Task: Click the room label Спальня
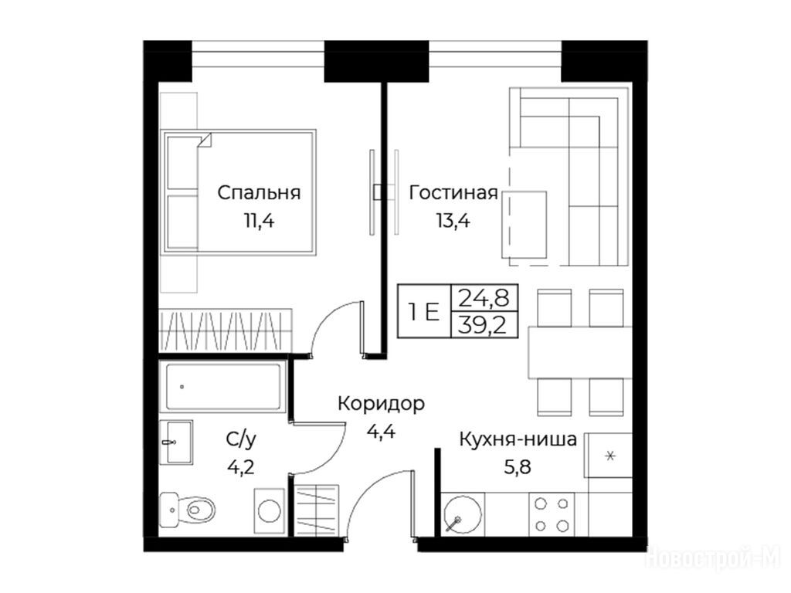point(259,193)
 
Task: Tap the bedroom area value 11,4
point(259,221)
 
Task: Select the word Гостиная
point(453,193)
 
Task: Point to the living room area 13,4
point(453,221)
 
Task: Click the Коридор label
point(382,405)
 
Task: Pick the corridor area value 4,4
point(381,432)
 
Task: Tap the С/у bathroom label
point(241,439)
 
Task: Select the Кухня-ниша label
point(518,439)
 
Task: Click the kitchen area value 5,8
point(518,467)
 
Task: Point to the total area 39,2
point(482,325)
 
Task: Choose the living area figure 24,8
point(483,299)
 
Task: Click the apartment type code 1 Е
point(425,312)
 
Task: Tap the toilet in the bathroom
point(187,510)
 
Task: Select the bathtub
point(223,387)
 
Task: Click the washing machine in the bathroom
point(270,511)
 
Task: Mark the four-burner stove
point(552,514)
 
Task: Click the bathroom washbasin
point(176,442)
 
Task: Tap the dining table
point(579,352)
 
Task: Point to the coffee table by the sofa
point(525,225)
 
